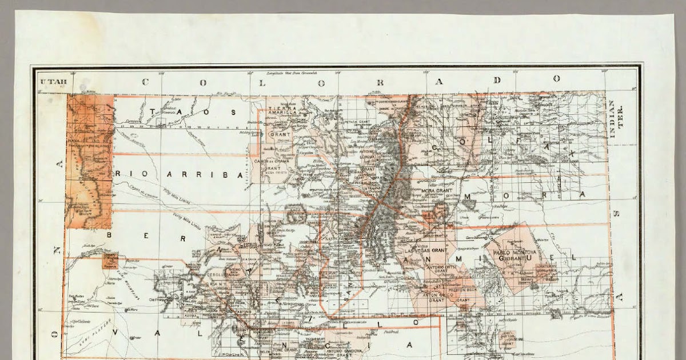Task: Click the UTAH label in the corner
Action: click(x=53, y=82)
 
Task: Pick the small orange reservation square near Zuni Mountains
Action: click(x=110, y=261)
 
